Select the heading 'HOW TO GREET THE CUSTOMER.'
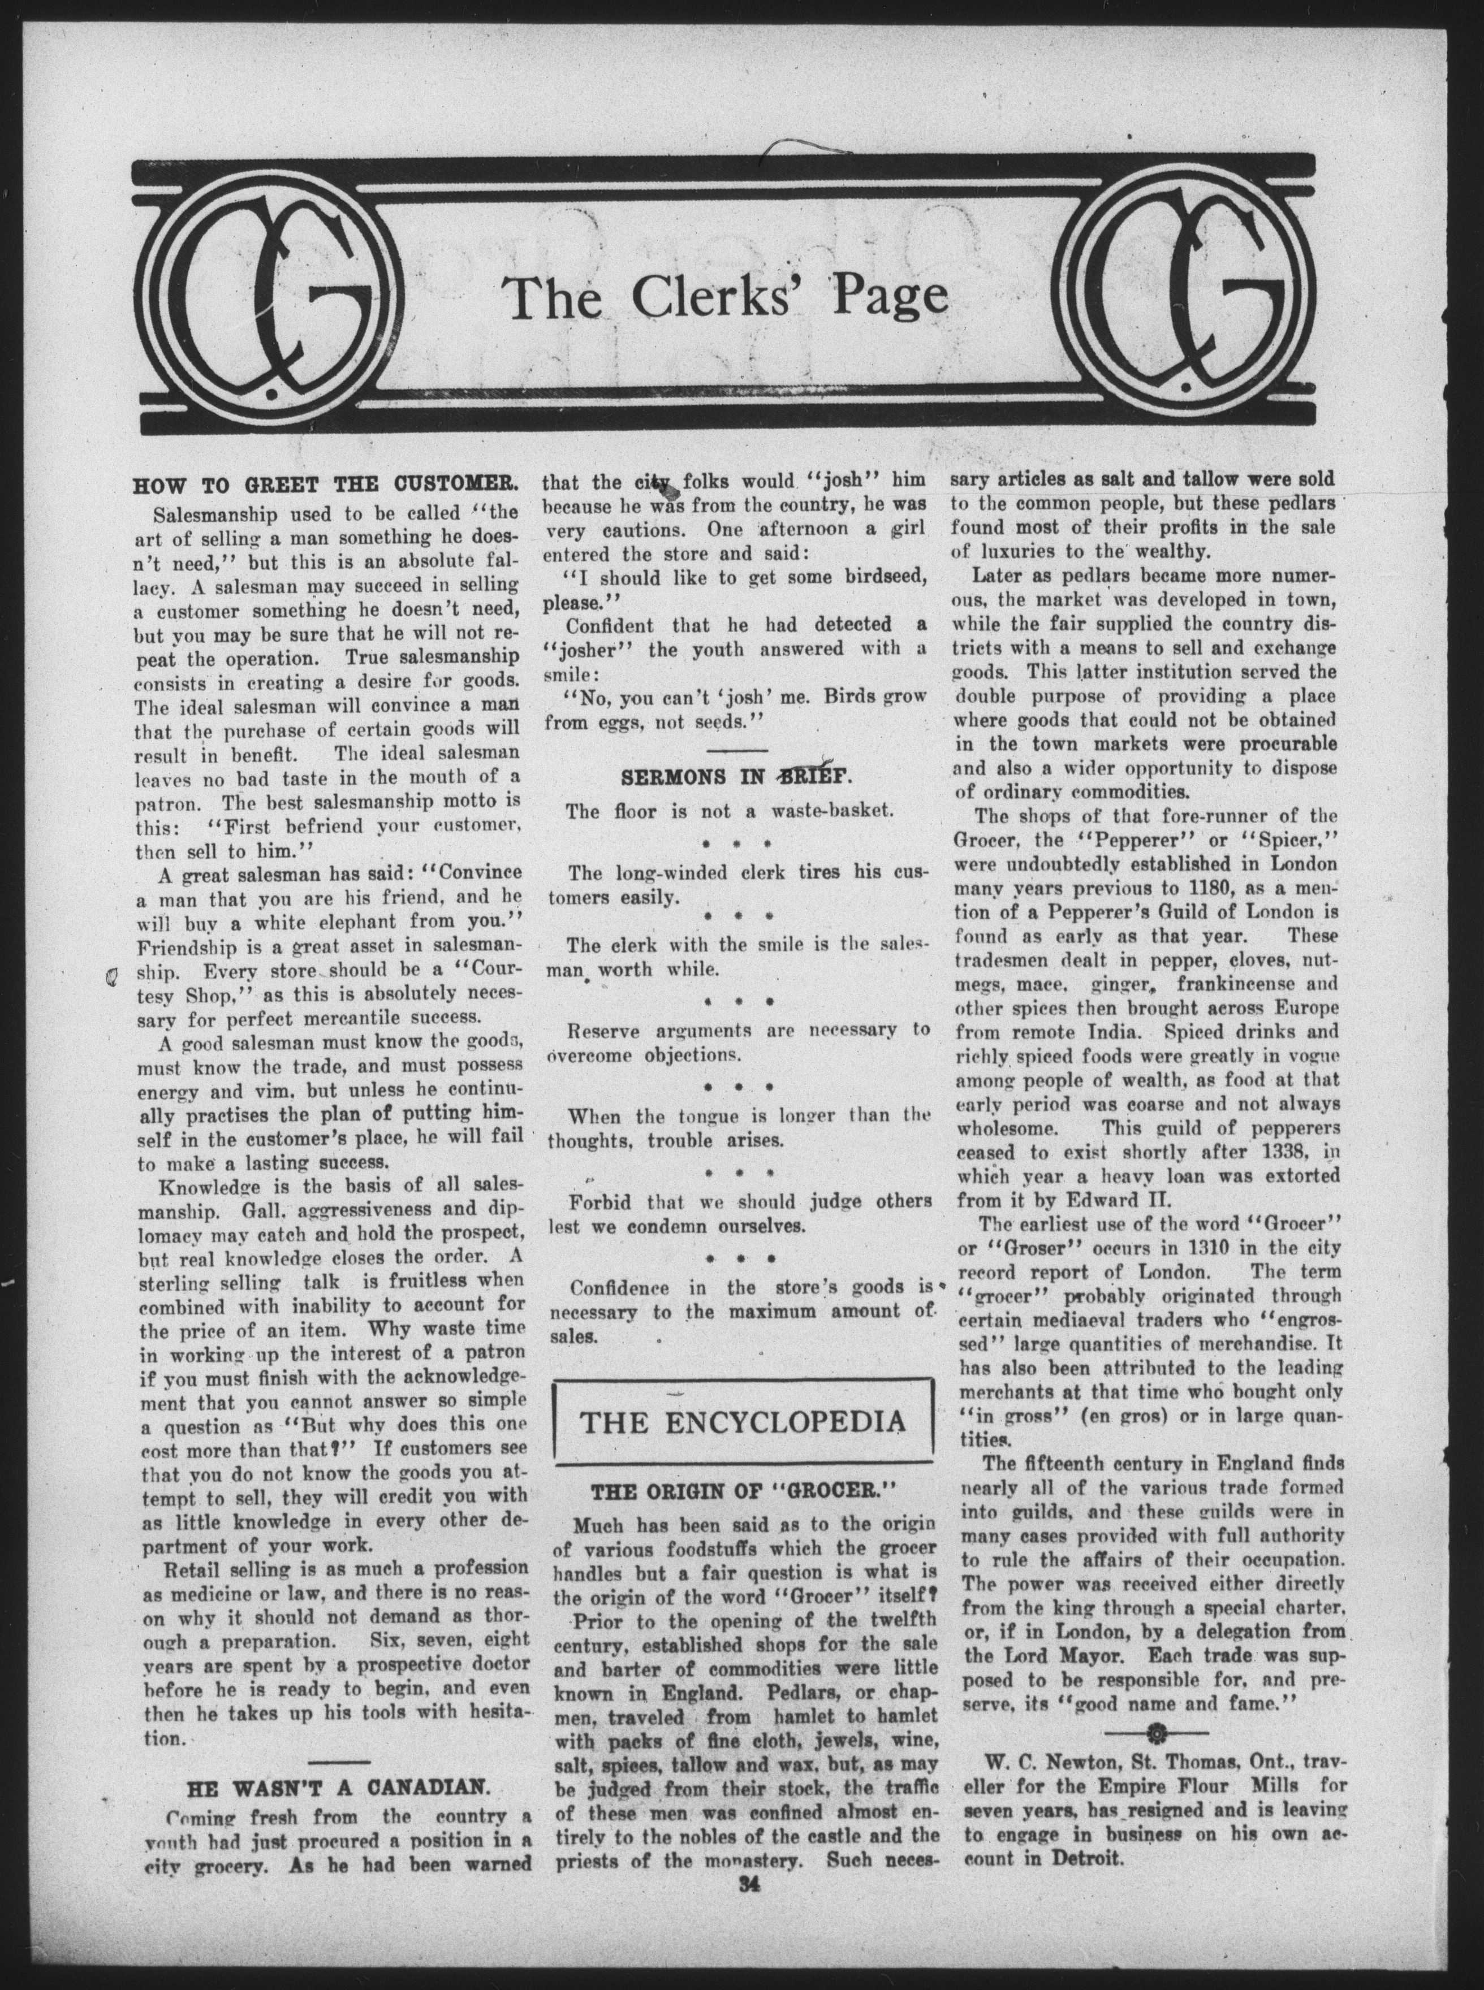325,488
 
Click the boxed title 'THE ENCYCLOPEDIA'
742,1422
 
